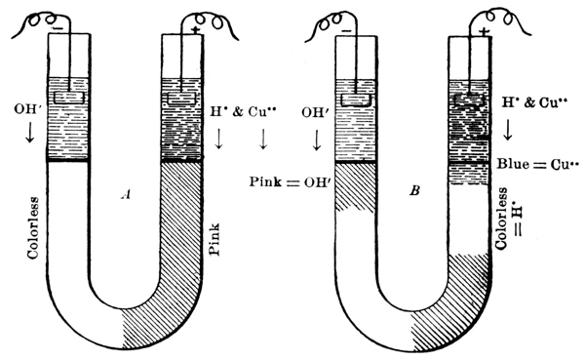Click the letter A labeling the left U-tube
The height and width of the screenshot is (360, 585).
tap(126, 194)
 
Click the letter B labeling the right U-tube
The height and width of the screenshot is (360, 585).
tap(414, 191)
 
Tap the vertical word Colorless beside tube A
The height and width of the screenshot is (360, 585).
tap(33, 227)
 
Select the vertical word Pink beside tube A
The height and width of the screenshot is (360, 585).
tap(214, 239)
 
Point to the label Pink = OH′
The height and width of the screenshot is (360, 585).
tap(289, 181)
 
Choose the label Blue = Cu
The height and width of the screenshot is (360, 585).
tap(534, 164)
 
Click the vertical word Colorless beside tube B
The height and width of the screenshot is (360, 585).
tap(501, 219)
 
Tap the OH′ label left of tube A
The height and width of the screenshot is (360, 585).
tap(27, 109)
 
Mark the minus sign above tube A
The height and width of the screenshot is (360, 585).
tap(58, 28)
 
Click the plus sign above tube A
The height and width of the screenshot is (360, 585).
tap(195, 30)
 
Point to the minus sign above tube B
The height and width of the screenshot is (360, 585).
tap(346, 31)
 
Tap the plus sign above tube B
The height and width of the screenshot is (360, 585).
tap(484, 31)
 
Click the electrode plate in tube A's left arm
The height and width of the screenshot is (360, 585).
tap(69, 98)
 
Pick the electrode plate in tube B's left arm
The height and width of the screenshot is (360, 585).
tap(357, 100)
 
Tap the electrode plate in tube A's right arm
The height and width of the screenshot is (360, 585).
tap(181, 99)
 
